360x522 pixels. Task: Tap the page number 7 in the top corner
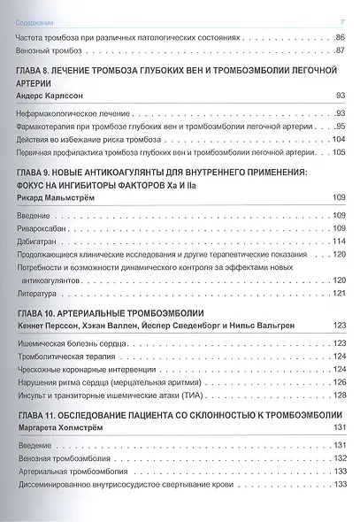coord(341,22)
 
